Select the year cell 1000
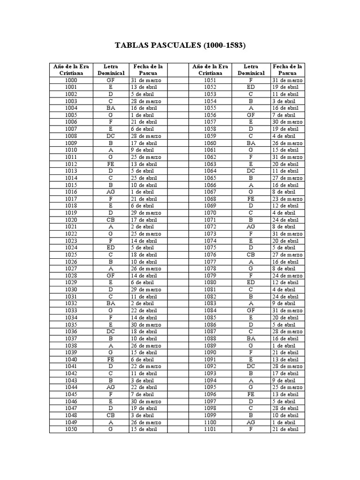71,80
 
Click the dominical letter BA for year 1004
111,108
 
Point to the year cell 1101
210,429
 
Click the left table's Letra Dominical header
111,70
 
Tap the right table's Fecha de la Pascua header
287,70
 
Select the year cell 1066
210,185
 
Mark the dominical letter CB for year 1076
251,255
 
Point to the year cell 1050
71,429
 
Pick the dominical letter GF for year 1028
111,276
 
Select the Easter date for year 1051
287,80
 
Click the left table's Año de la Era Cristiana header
71,70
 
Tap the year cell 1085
210,318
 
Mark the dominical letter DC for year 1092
251,367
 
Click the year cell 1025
71,255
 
